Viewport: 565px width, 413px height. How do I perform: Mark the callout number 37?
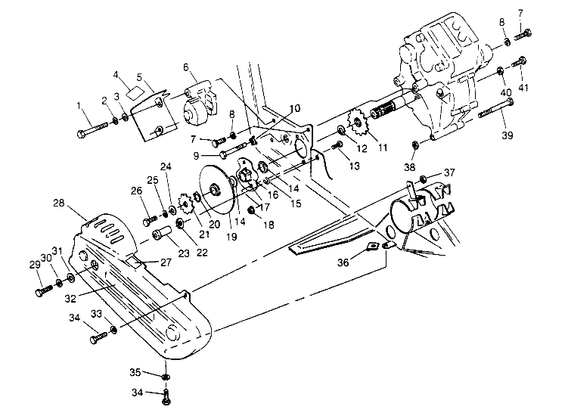point(449,172)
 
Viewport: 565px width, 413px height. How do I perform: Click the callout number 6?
point(185,67)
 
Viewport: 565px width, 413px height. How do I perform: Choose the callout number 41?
point(523,87)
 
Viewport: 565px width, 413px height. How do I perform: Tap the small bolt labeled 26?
point(148,221)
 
